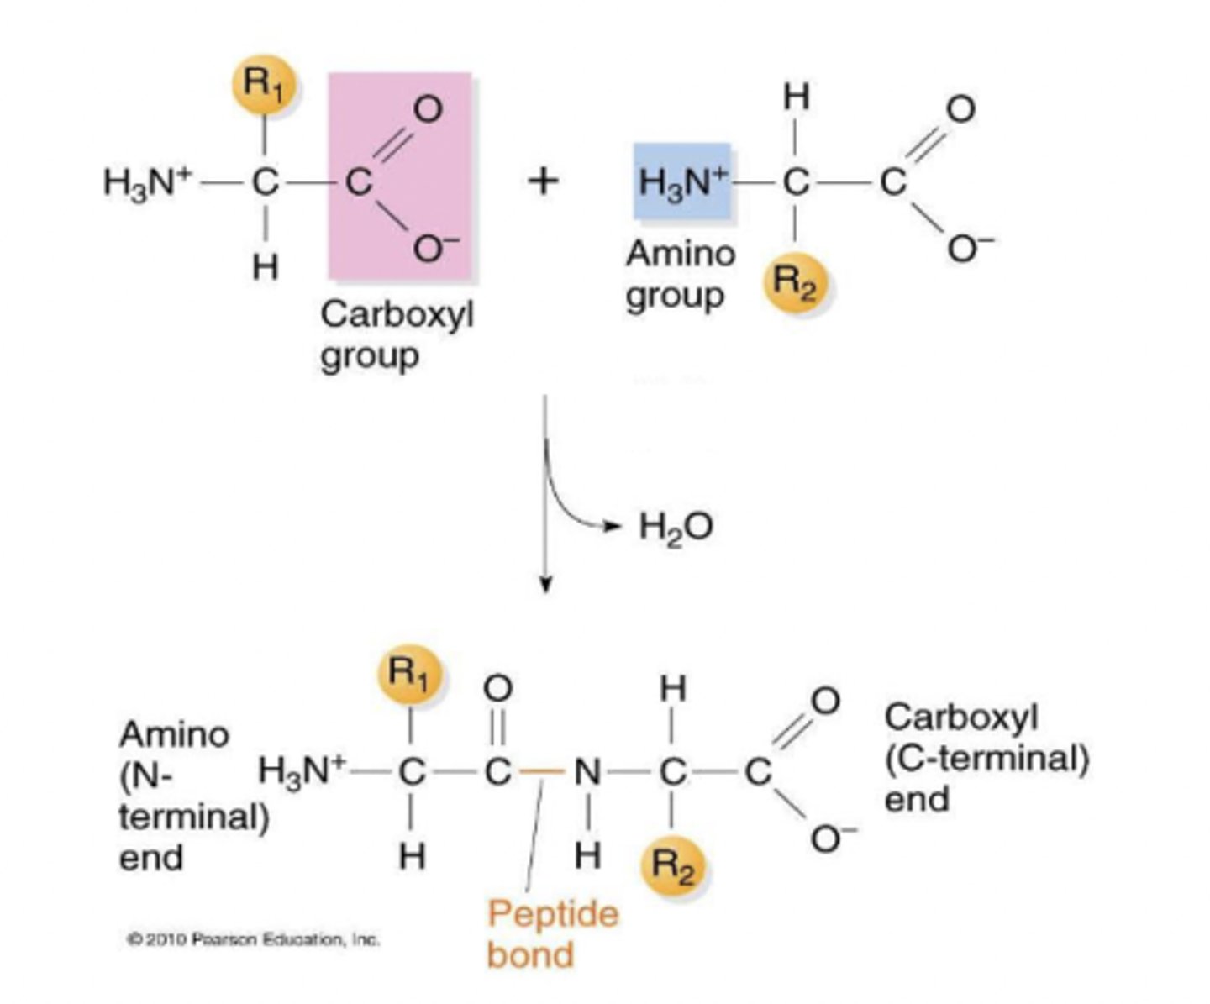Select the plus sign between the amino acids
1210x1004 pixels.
pyautogui.click(x=544, y=180)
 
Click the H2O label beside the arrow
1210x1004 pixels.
pyautogui.click(x=676, y=528)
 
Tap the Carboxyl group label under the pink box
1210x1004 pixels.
pyautogui.click(x=397, y=335)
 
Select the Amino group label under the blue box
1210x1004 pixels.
pyautogui.click(x=679, y=274)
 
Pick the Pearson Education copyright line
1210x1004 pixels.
pyautogui.click(x=253, y=938)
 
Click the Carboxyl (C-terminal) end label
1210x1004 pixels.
pyautogui.click(x=985, y=757)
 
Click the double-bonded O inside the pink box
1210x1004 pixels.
pyautogui.click(x=428, y=109)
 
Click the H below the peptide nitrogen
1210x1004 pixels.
pyautogui.click(x=587, y=855)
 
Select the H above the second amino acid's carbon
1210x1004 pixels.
pyautogui.click(x=795, y=98)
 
